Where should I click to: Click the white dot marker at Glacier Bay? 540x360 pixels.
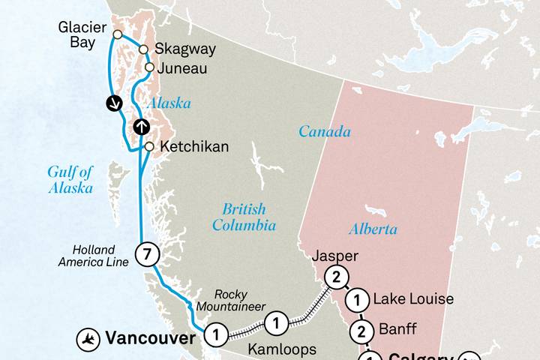click(x=118, y=34)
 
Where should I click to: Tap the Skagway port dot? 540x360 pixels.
click(x=142, y=49)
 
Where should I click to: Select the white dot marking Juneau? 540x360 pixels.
click(x=149, y=67)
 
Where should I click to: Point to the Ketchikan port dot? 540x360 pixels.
click(x=149, y=146)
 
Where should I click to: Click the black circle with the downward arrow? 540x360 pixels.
click(x=114, y=103)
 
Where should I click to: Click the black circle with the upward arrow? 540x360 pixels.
click(x=141, y=127)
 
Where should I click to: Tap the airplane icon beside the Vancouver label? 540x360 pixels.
click(x=88, y=339)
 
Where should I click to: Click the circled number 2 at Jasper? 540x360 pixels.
click(x=336, y=277)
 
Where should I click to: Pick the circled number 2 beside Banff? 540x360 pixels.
click(x=361, y=331)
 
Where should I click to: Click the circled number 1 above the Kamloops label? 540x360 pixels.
click(x=277, y=324)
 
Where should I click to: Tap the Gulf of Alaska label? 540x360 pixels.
click(x=70, y=180)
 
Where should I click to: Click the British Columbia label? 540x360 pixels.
click(x=244, y=217)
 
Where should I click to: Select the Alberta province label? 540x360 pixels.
click(x=373, y=229)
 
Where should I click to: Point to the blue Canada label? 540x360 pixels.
click(x=324, y=132)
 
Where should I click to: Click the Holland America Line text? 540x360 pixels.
click(x=94, y=256)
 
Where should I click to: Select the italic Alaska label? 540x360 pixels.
click(x=169, y=103)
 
